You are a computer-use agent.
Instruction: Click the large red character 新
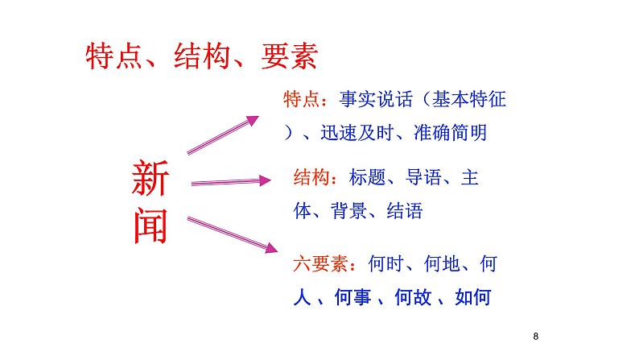click(150, 178)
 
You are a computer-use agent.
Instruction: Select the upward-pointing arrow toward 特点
click(223, 134)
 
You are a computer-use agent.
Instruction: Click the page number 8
click(535, 336)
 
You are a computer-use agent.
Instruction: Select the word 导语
click(422, 176)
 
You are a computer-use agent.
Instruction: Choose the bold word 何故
click(414, 297)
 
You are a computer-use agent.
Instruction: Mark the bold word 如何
click(472, 297)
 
